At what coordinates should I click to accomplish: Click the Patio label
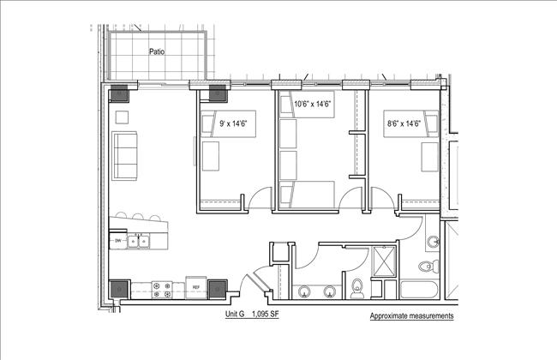156,51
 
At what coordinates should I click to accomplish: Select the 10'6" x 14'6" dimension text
312,104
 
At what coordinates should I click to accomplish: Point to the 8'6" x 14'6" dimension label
403,123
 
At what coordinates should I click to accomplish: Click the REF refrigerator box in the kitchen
195,288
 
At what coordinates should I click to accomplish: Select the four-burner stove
160,290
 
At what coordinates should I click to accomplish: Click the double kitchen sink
139,242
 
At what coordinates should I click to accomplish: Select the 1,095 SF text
270,315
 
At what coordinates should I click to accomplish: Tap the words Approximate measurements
411,316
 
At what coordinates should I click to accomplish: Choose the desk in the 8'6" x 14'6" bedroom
429,157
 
